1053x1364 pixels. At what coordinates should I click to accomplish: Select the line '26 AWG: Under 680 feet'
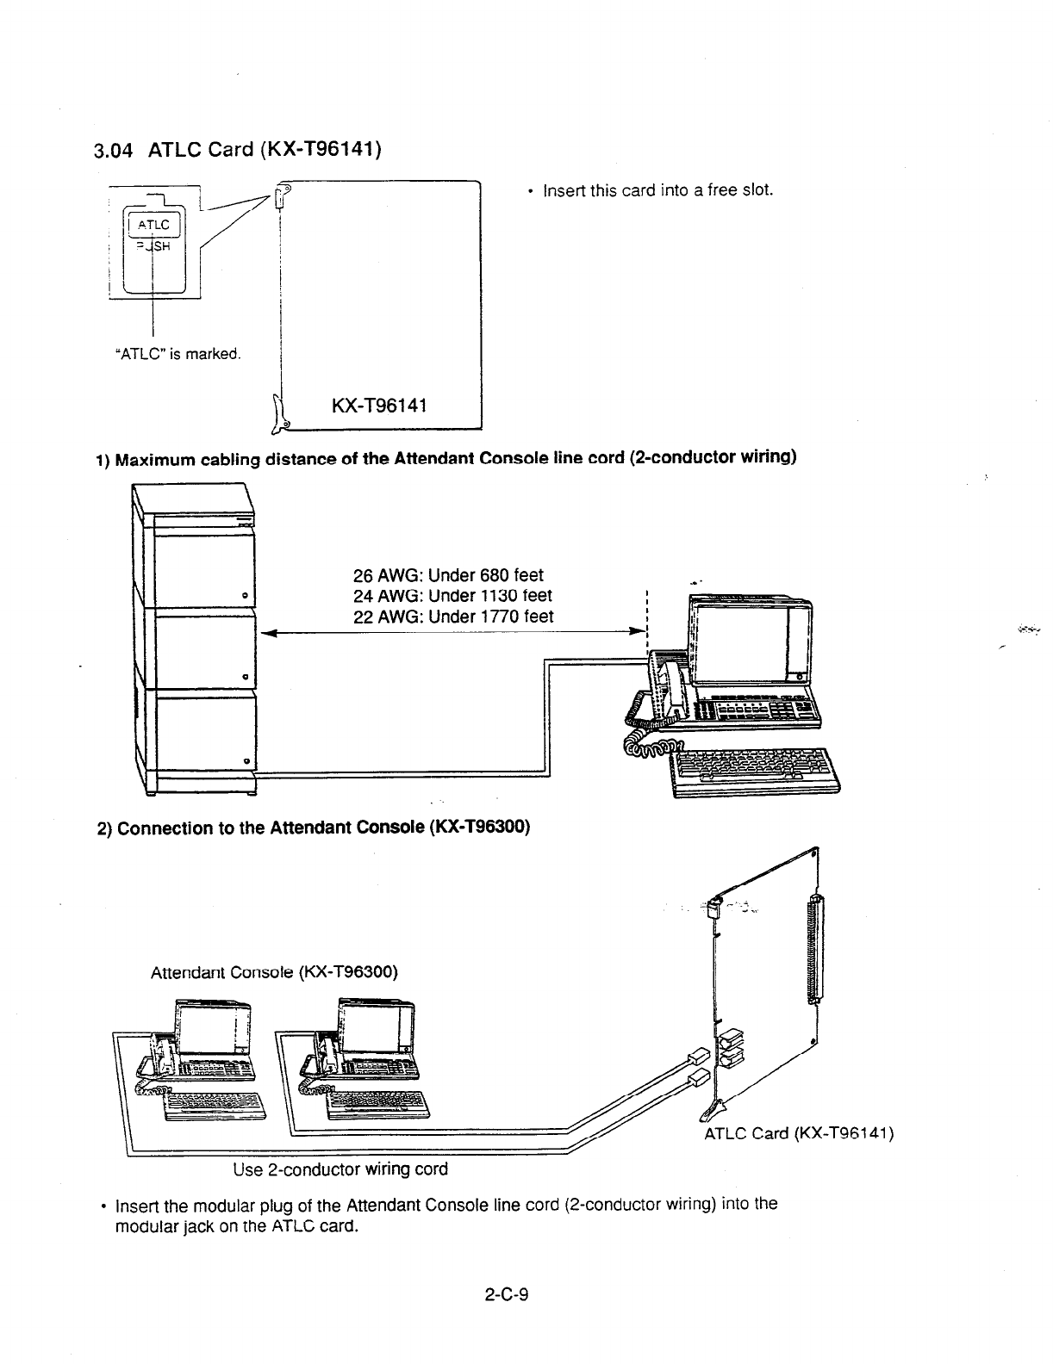click(449, 574)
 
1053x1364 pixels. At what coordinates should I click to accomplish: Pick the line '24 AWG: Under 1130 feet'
click(453, 595)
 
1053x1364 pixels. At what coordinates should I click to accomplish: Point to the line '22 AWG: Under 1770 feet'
click(454, 616)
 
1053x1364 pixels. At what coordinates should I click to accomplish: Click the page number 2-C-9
click(506, 1293)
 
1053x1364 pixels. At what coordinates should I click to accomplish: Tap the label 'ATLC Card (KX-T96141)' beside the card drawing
click(799, 1132)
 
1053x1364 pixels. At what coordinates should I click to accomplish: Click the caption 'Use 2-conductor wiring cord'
click(340, 1169)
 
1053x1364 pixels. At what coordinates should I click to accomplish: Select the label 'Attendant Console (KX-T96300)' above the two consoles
click(274, 973)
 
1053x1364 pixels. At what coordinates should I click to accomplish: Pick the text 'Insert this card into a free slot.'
click(657, 189)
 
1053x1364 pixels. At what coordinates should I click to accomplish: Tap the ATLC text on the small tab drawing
click(154, 226)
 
